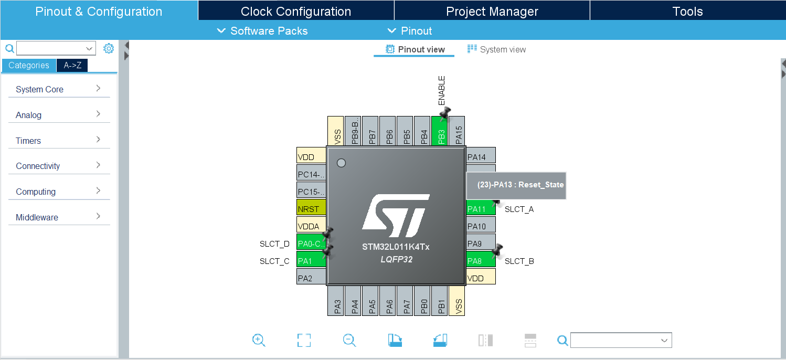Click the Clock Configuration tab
(295, 12)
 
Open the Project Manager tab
(492, 12)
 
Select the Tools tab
(687, 12)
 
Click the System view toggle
(496, 49)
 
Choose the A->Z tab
(72, 65)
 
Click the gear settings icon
(109, 48)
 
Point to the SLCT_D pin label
(274, 243)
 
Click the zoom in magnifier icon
(259, 340)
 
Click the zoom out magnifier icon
(349, 340)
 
